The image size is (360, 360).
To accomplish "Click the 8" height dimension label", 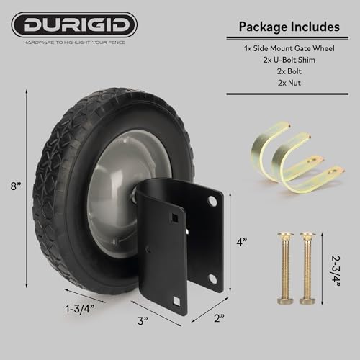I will tap(15, 186).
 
